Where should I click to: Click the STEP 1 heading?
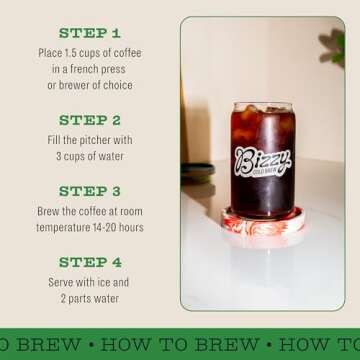tap(89, 32)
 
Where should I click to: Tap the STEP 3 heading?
tap(89, 189)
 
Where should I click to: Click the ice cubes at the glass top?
tap(264, 107)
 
